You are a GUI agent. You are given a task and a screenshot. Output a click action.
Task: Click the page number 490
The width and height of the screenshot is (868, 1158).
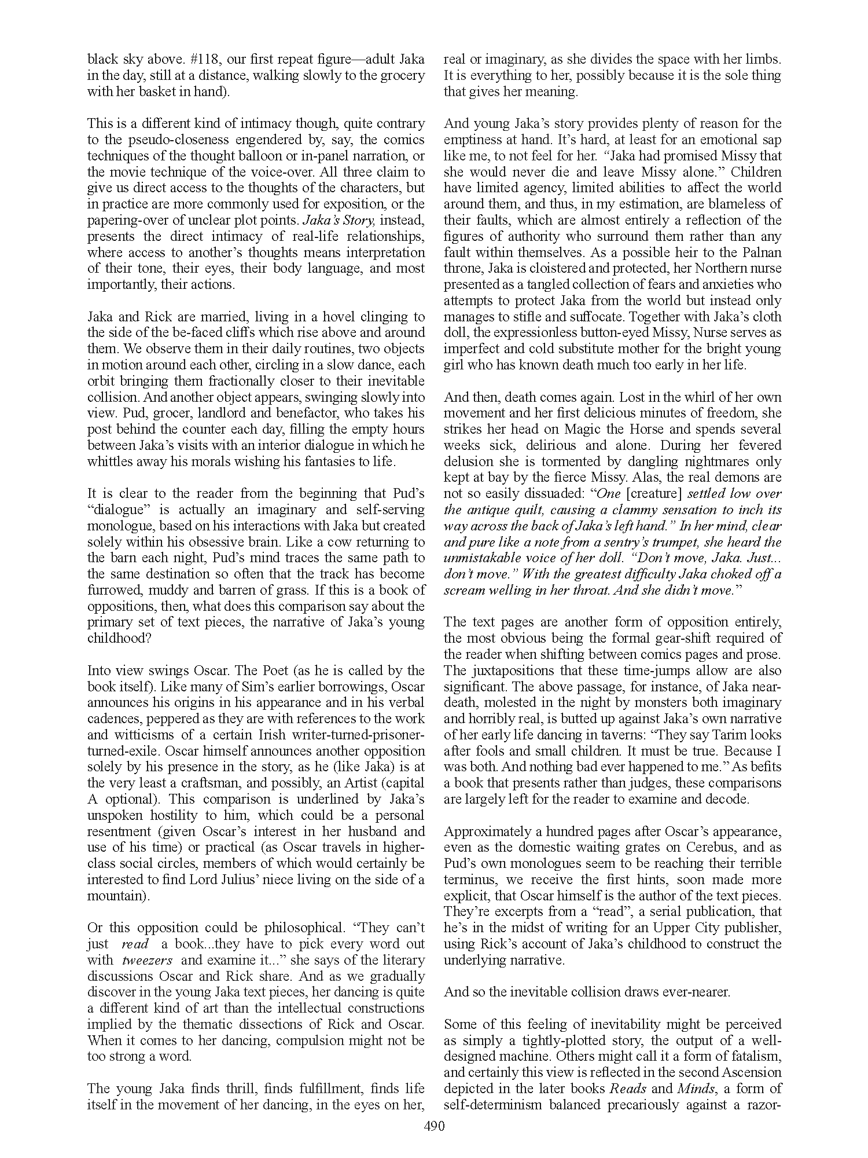tap(434, 1126)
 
